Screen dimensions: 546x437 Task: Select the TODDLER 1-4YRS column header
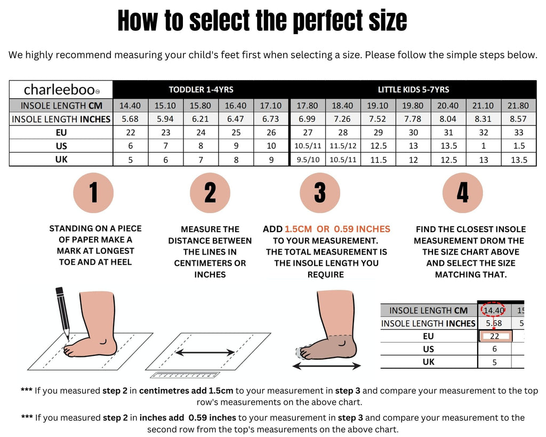[201, 90]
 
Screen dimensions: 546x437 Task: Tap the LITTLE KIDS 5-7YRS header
[413, 90]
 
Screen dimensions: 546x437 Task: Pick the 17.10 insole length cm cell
[271, 106]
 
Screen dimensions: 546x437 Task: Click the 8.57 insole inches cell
[518, 119]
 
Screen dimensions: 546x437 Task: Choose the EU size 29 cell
[378, 132]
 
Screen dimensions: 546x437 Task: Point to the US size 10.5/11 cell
[308, 146]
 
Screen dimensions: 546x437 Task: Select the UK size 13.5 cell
[519, 160]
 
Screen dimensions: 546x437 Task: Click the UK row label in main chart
[61, 159]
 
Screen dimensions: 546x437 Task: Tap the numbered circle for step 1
[93, 193]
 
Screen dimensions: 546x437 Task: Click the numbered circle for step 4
[462, 193]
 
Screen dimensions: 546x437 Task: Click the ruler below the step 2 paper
[185, 375]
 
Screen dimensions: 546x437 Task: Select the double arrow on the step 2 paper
[205, 353]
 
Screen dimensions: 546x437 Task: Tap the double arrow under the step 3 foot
[326, 366]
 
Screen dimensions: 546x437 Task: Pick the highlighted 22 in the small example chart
[494, 336]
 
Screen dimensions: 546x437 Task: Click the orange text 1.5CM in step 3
[298, 229]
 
